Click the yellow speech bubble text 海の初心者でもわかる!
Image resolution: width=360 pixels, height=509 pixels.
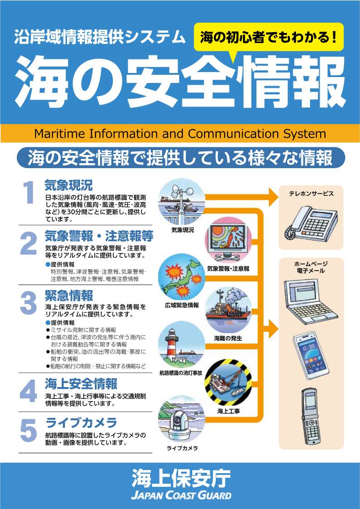[268, 38]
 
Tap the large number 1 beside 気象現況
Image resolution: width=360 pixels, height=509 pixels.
[29, 193]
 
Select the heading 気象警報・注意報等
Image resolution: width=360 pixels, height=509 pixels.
[99, 236]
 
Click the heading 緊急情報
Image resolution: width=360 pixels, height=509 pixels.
[69, 296]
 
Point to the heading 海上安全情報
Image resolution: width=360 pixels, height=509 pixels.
[81, 384]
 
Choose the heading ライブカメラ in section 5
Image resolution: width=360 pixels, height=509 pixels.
[81, 423]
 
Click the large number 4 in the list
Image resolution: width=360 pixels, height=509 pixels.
[29, 392]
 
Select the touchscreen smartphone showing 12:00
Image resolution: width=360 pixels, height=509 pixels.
[311, 355]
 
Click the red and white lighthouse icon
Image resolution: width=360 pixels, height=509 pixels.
[181, 344]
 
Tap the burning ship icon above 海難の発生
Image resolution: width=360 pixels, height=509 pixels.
[229, 310]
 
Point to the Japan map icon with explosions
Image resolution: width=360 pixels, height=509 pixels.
[181, 277]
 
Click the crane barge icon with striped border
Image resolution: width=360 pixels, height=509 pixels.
[228, 382]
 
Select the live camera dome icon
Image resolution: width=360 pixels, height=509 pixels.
[181, 419]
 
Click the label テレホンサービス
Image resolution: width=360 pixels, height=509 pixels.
[311, 194]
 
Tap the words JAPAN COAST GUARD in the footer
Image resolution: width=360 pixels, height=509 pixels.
[181, 495]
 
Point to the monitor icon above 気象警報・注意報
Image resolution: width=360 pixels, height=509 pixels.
[228, 241]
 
